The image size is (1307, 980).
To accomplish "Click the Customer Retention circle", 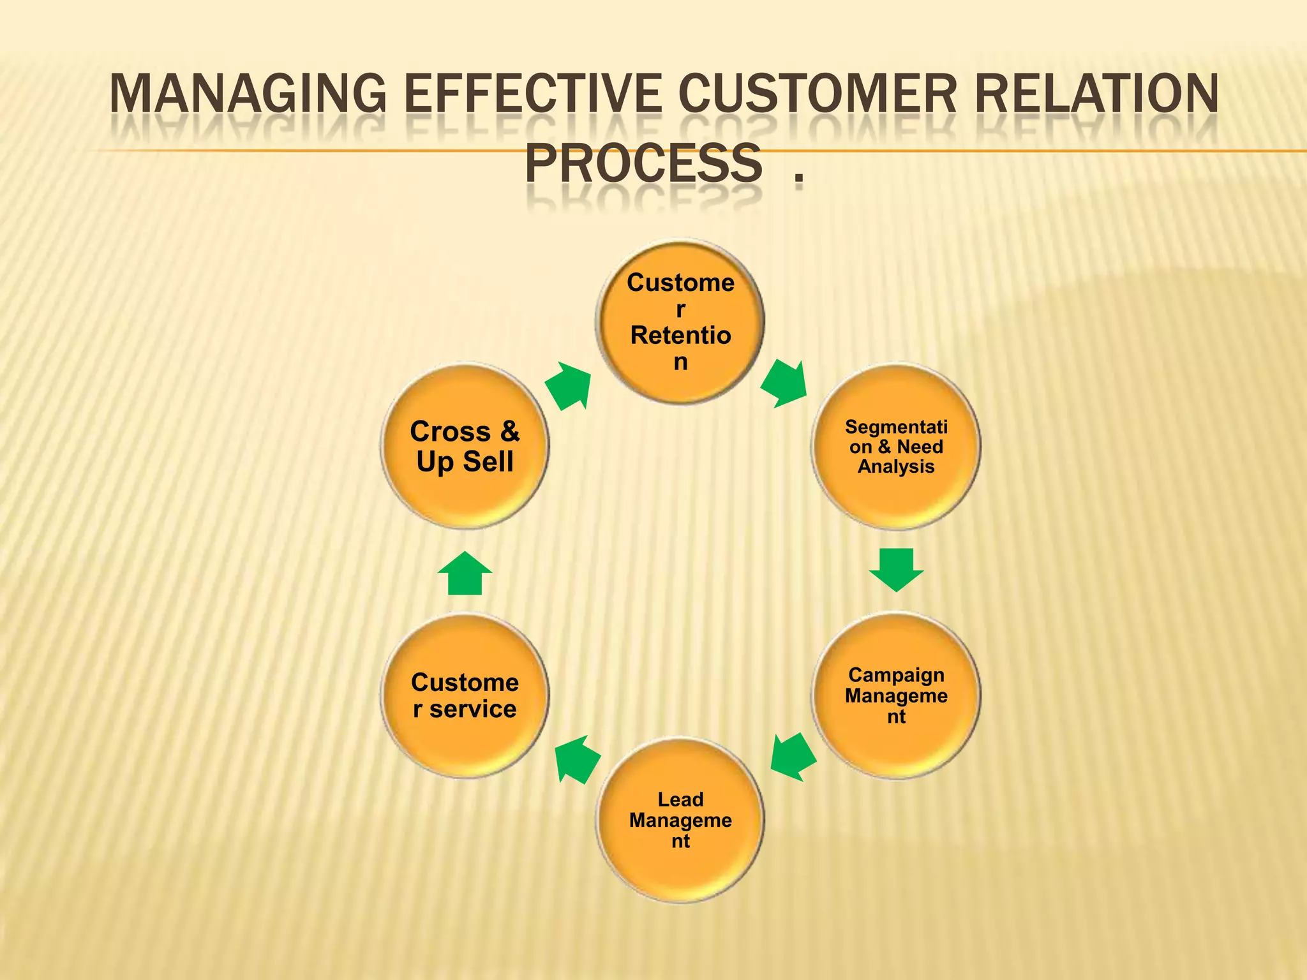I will [680, 322].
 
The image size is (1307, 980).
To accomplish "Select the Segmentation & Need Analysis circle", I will [896, 447].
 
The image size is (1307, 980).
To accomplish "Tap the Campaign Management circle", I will [896, 695].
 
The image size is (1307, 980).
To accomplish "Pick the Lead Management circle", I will [680, 820].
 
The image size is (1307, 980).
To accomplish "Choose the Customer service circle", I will [465, 695].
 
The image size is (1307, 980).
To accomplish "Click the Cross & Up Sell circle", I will [465, 447].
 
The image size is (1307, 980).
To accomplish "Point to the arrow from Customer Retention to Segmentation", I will [784, 383].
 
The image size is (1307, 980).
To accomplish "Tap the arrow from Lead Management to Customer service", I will [576, 759].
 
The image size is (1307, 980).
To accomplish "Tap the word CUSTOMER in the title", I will [818, 94].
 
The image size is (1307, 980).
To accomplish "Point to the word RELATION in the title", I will [1096, 94].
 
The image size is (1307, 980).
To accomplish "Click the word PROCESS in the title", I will [643, 164].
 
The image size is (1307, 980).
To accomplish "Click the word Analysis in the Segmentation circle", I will [896, 466].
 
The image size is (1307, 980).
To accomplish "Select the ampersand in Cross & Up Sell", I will [510, 431].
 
